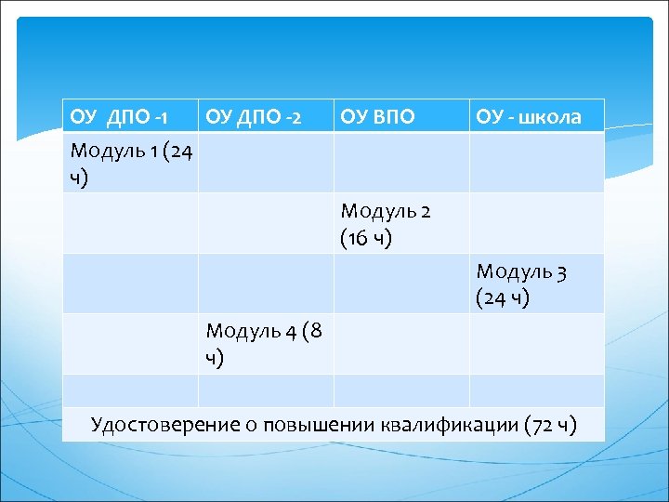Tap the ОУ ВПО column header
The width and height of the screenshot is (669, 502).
point(377,117)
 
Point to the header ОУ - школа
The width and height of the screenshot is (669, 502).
point(529,117)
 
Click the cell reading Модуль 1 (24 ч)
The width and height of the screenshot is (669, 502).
point(130,163)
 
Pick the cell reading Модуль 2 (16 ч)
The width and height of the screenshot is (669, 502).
point(386,224)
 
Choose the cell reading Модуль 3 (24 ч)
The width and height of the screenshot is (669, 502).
point(521,284)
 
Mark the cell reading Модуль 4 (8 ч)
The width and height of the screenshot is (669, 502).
point(265,344)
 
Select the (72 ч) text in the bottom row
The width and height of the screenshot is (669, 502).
point(551,425)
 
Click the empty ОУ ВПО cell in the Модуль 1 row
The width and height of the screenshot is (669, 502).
point(401,163)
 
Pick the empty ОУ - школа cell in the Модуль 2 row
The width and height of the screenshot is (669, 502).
point(536,224)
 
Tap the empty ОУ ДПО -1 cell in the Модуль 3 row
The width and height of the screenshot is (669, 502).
point(130,284)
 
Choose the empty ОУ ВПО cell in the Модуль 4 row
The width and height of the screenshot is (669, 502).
point(401,344)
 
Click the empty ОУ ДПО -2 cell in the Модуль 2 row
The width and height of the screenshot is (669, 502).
point(266,224)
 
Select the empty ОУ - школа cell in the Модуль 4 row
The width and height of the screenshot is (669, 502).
point(536,344)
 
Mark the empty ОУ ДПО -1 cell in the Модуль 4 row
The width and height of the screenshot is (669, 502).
point(130,344)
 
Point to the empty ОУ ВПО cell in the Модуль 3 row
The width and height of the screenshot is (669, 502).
point(401,284)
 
